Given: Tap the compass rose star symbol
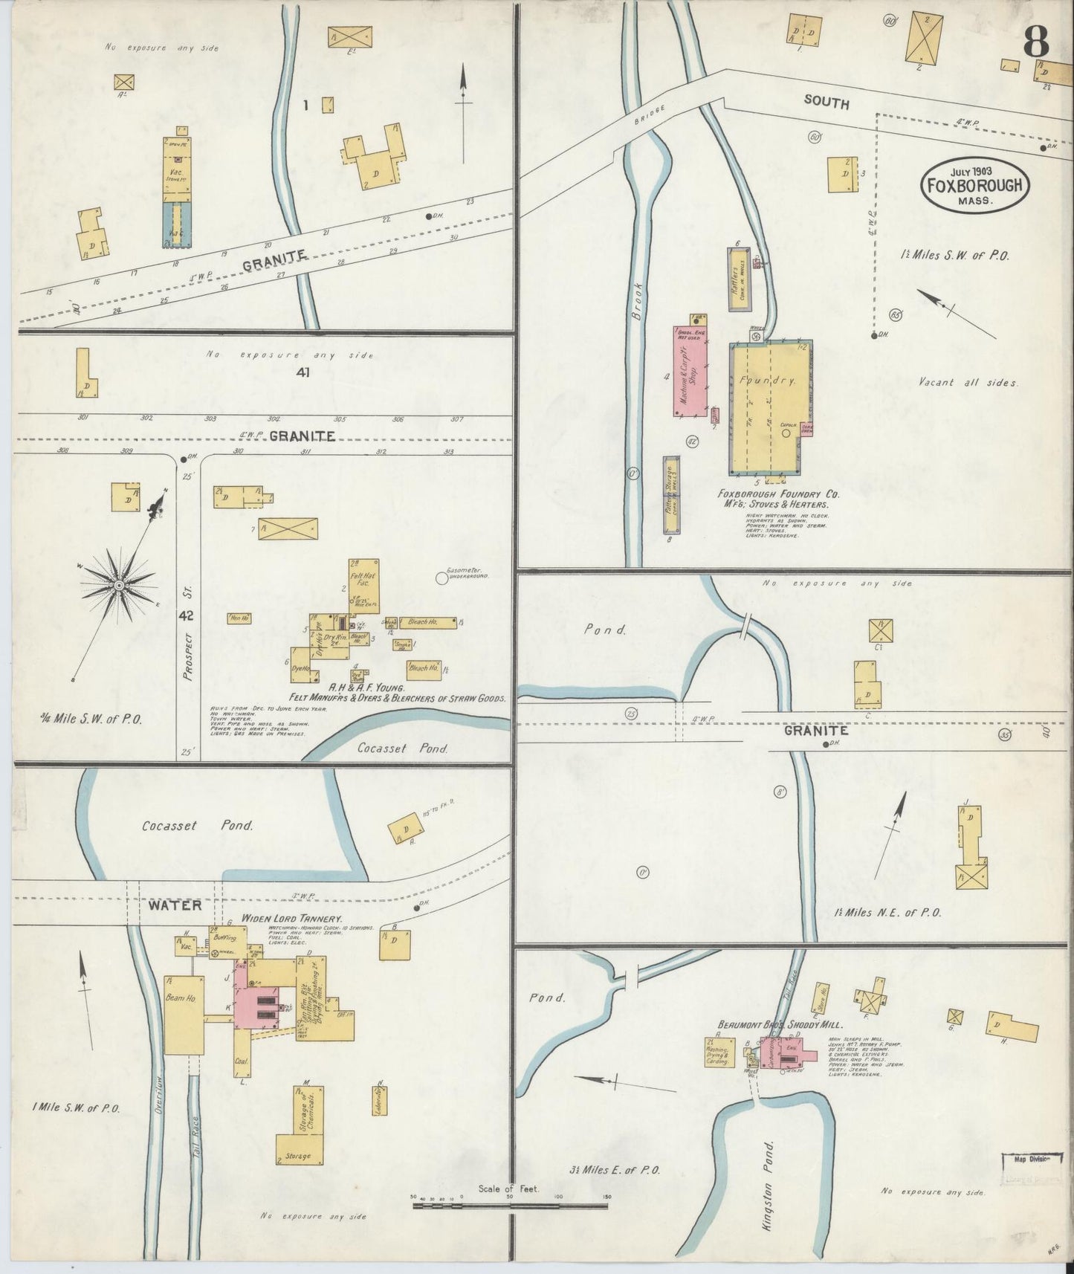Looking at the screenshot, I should pos(117,586).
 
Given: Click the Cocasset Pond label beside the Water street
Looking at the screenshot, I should pos(195,825).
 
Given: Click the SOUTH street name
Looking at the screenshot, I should pos(826,103).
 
